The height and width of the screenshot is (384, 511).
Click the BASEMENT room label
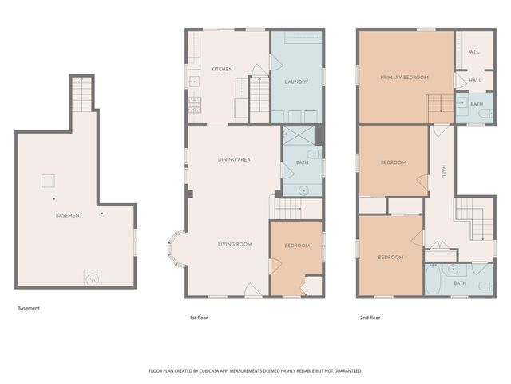pos(69,216)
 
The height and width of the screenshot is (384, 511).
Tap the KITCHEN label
pos(222,70)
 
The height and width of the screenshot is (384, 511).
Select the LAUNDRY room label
pos(296,82)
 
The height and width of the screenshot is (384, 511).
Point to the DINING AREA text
pos(234,159)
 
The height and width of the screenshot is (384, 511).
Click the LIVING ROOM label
pos(236,244)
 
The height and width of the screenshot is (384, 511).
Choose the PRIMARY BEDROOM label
pos(404,77)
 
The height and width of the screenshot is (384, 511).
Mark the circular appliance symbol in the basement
pos(93,278)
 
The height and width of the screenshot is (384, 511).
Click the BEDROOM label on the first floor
pos(296,246)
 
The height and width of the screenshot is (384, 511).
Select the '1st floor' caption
pos(198,318)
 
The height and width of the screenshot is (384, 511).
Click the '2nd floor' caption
pos(369,318)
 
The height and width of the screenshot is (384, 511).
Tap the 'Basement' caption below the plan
pos(28,308)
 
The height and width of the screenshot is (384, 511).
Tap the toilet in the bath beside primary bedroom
pos(485,114)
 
